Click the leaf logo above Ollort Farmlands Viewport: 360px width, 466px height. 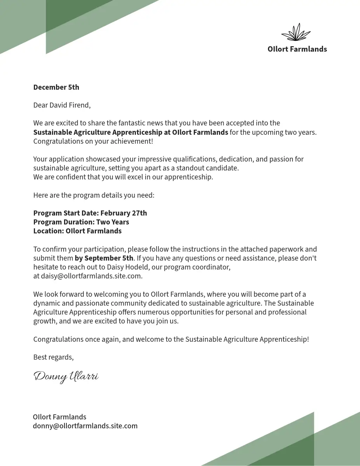coord(296,32)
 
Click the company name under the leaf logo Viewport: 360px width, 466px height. coord(297,49)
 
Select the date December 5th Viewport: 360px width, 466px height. coord(56,87)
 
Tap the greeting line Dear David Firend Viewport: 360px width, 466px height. coord(62,105)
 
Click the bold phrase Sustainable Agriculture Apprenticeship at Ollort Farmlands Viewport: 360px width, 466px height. coord(130,132)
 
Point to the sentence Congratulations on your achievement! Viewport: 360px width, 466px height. coord(93,141)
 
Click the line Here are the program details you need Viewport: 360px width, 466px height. coord(94,195)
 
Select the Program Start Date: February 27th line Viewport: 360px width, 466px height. coord(90,213)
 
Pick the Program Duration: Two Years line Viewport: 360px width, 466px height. coord(81,222)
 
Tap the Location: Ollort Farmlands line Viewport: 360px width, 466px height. coord(77,231)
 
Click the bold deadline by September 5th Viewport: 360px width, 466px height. coord(104,258)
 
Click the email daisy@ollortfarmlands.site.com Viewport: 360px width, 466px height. coord(92,276)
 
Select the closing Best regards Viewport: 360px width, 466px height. coord(53,357)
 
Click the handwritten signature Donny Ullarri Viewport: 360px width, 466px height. coord(66,376)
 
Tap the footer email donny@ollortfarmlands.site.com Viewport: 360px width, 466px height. coord(85,426)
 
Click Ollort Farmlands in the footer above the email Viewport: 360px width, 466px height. coord(59,417)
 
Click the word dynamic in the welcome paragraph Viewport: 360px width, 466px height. coord(46,303)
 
